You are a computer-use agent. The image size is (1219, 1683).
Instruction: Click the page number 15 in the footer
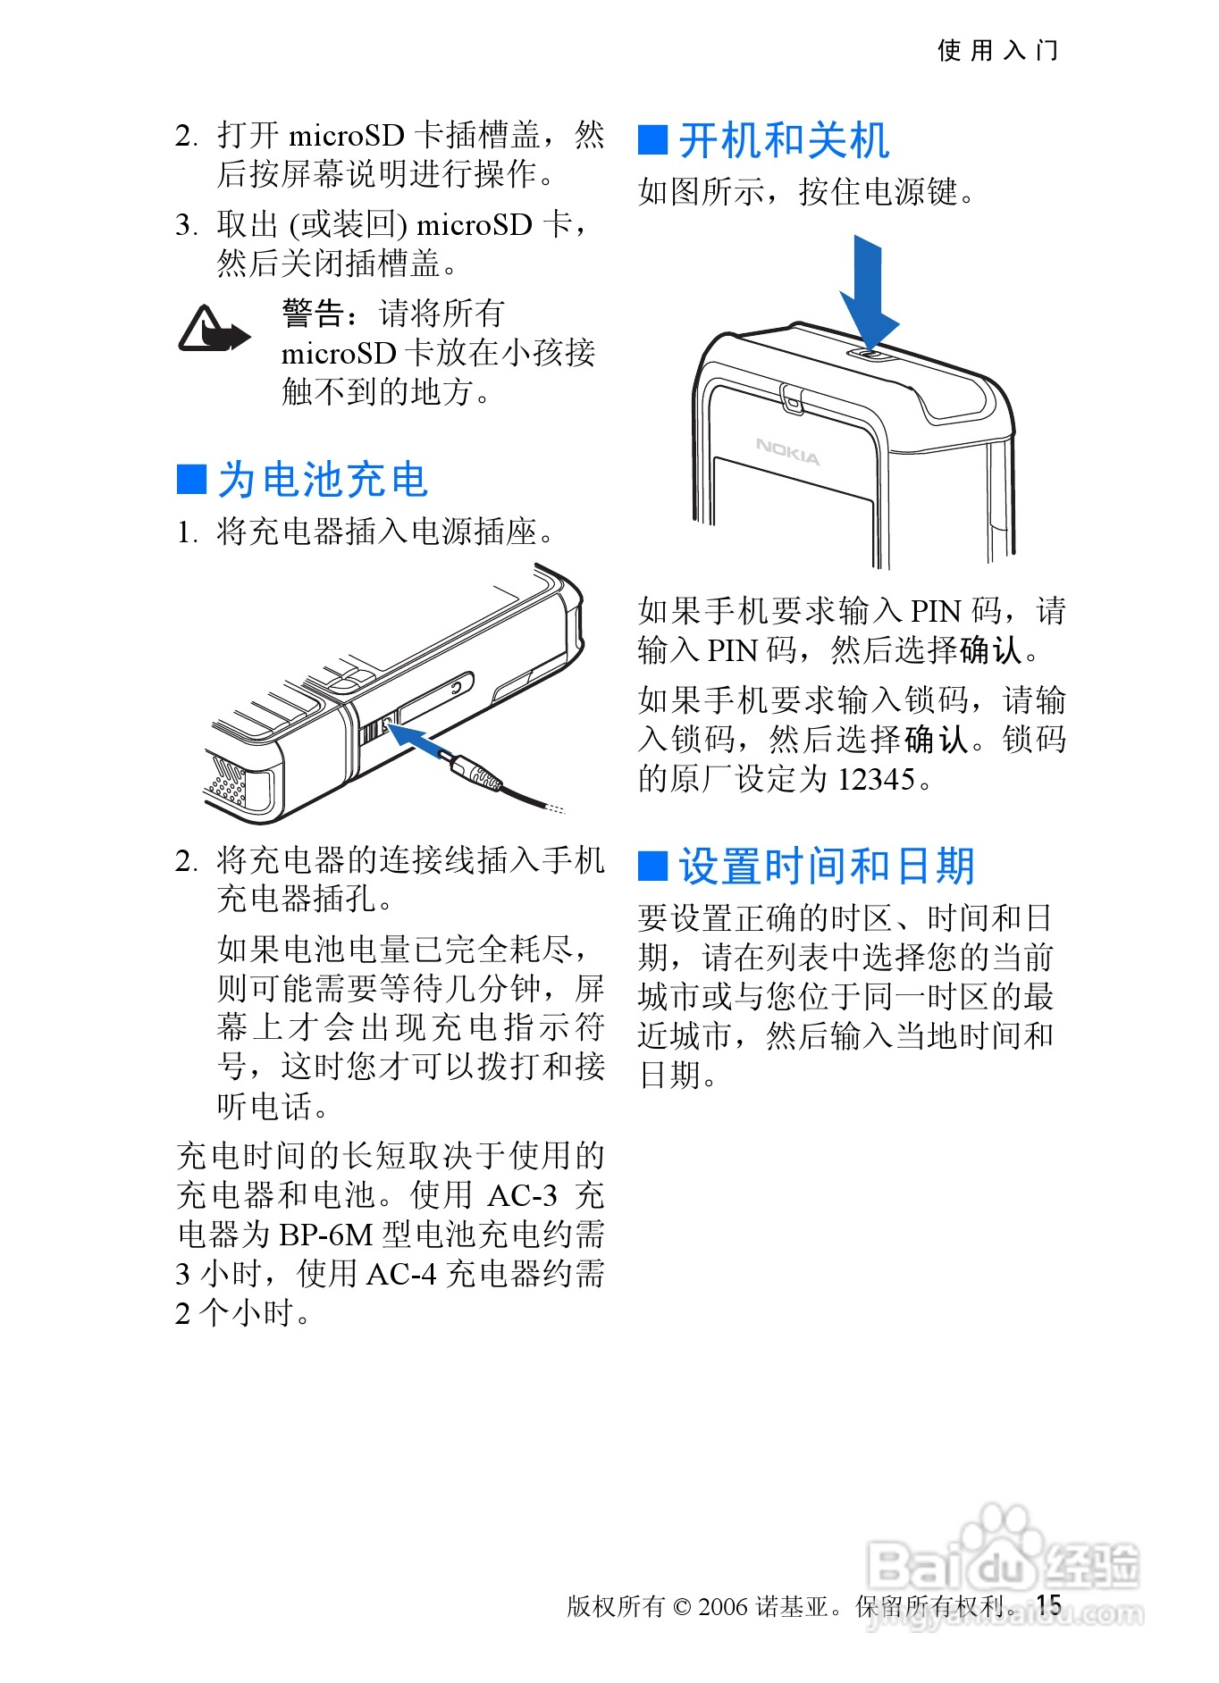click(1049, 1604)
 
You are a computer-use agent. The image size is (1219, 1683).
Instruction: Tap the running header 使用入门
click(997, 50)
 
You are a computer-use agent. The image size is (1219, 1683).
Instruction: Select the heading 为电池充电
click(324, 480)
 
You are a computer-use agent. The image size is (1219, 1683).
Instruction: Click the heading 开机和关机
click(784, 140)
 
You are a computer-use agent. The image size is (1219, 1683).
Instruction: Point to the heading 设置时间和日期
click(827, 866)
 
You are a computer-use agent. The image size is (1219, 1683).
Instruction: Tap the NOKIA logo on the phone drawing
click(787, 451)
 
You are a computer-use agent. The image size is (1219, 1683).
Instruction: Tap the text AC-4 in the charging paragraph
click(401, 1274)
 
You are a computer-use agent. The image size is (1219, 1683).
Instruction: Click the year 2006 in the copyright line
click(722, 1606)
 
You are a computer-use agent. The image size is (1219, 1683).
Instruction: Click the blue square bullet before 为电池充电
click(192, 479)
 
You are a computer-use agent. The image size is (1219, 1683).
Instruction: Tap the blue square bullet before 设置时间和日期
click(653, 866)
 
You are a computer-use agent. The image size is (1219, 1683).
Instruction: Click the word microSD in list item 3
click(475, 224)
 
